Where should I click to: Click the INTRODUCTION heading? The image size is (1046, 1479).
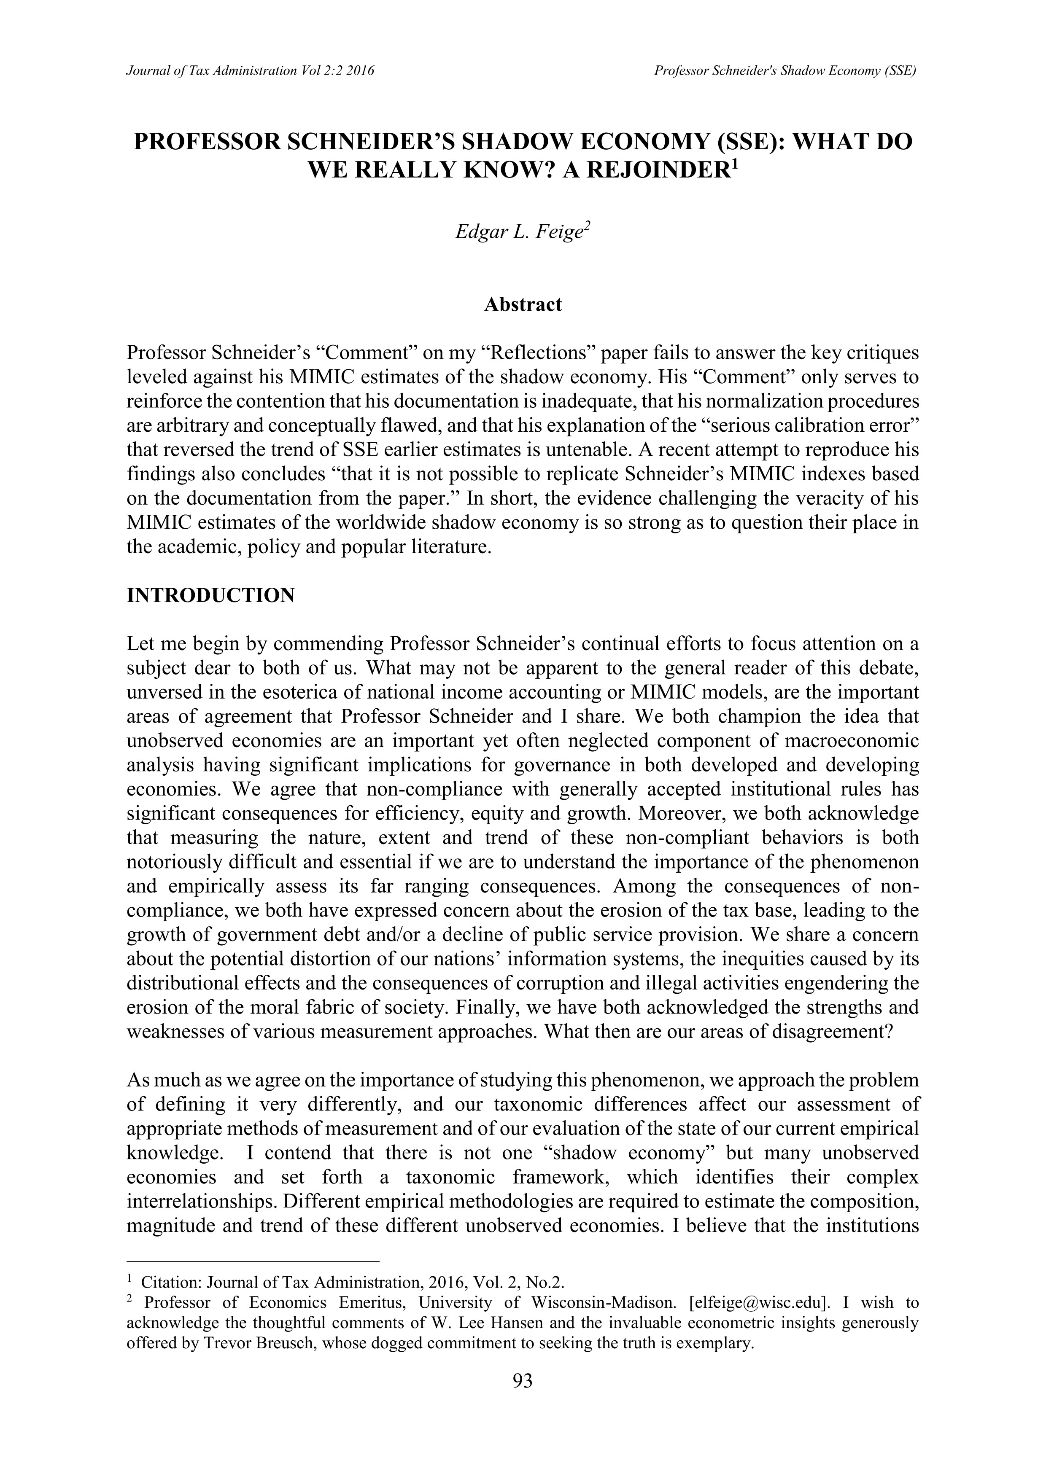point(211,594)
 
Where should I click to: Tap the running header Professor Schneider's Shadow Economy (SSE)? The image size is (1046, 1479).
point(785,71)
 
